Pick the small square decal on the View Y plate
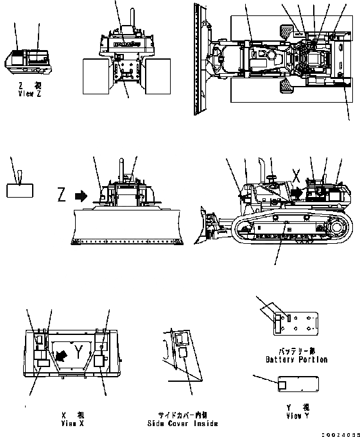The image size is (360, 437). tap(282, 384)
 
